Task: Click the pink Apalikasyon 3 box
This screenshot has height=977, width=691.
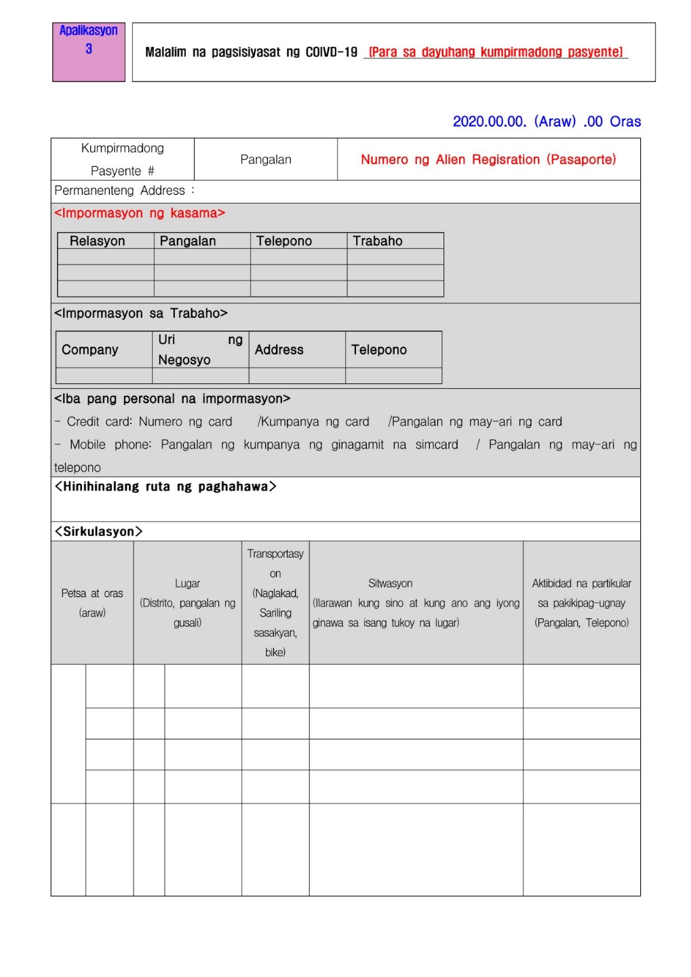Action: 89,52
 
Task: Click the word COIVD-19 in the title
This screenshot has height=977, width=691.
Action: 331,52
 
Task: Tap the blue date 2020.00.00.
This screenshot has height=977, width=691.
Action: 489,121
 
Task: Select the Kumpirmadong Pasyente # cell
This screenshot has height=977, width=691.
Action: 123,159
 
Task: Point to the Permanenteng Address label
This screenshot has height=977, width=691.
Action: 120,191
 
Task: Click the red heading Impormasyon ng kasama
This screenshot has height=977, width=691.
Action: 140,213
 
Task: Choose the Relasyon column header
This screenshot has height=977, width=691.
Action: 98,241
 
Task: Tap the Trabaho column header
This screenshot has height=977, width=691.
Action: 378,241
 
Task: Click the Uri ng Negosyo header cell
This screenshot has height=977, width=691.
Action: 200,349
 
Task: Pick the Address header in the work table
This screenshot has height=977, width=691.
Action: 279,349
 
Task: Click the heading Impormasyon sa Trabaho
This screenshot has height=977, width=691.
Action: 141,313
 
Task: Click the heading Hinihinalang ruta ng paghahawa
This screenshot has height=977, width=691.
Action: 165,486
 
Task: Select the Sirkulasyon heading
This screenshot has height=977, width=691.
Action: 99,531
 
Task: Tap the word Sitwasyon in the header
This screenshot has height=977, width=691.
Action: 390,583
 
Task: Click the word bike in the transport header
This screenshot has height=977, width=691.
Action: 275,652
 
